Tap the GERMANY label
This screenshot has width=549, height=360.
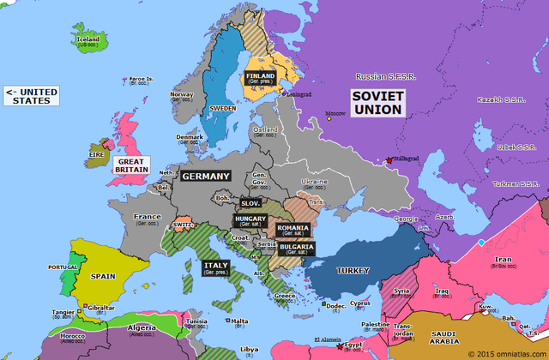pos(205,176)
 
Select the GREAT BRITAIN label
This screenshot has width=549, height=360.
pos(131,165)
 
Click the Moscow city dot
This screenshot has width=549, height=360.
pos(328,118)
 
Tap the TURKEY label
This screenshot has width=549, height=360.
pos(353,270)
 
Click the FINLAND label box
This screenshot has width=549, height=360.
pos(260,79)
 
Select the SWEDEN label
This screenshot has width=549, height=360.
pos(221,110)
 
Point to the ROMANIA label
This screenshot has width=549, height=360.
pos(293,230)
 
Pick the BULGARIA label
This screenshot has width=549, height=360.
pos(296,249)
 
